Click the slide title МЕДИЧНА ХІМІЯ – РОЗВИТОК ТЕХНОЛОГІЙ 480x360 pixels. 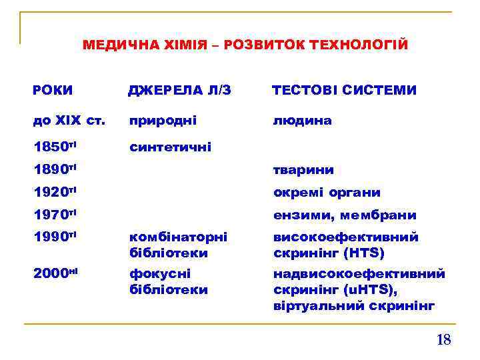245,45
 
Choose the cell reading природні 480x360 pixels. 163,121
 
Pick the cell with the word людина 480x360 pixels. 302,121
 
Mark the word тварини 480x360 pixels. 303,170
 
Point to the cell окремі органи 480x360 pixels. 327,193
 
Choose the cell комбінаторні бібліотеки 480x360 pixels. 178,245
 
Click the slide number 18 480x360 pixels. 443,340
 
